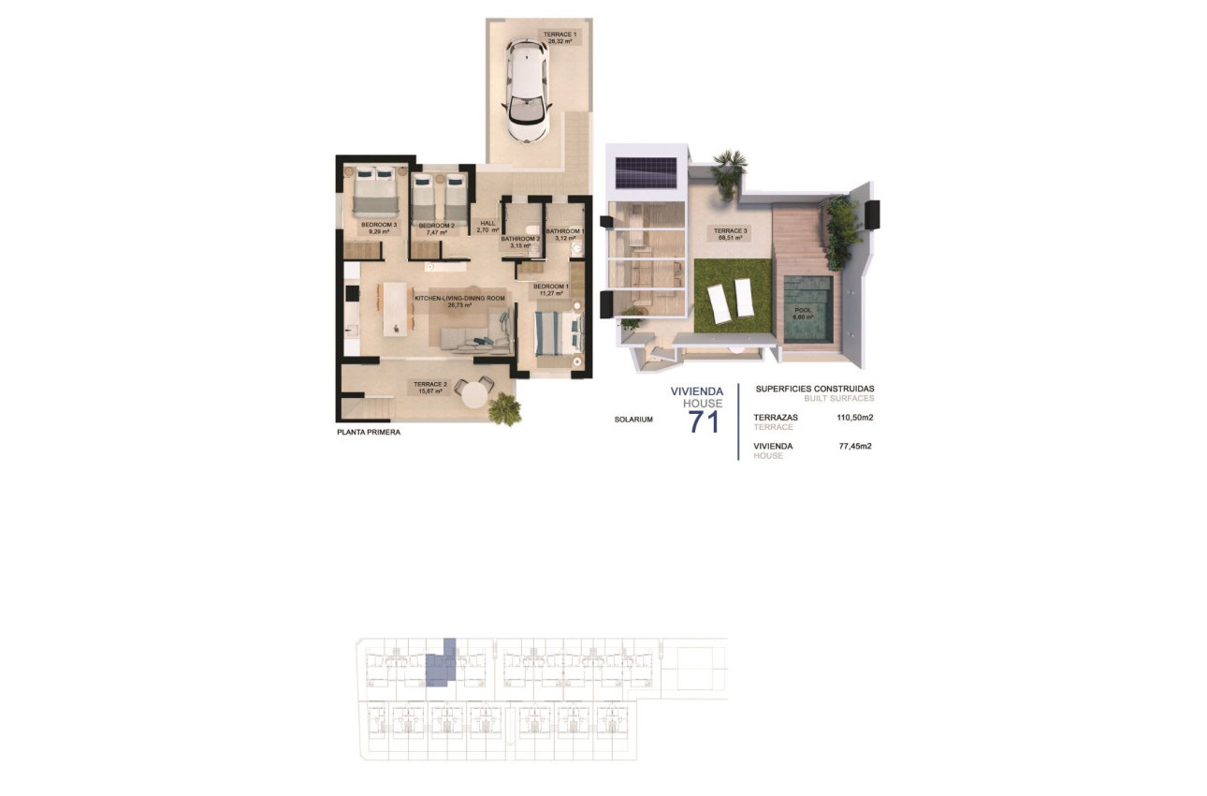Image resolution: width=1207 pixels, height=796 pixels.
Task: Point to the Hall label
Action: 487,226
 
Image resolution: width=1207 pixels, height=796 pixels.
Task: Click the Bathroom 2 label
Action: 521,242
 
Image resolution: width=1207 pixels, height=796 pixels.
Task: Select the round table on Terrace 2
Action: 477,392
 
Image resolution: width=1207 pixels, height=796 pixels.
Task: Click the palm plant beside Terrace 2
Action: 506,408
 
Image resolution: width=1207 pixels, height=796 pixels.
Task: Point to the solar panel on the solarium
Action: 646,172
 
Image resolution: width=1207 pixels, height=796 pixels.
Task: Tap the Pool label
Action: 803,313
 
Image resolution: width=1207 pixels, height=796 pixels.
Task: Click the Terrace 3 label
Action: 728,234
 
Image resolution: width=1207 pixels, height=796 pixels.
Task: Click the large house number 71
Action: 705,422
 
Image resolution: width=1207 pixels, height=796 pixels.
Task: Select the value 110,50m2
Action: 855,418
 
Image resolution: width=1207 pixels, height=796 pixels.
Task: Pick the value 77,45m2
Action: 855,447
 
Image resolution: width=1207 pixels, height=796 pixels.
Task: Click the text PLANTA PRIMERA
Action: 369,433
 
